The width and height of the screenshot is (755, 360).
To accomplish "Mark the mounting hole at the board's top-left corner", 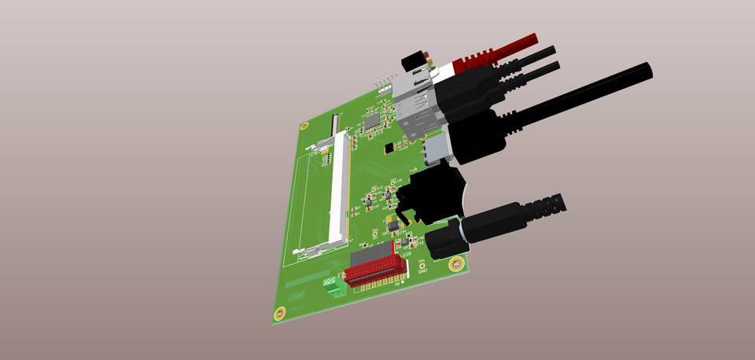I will (x=304, y=126).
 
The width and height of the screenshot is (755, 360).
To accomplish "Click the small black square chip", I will (x=389, y=147).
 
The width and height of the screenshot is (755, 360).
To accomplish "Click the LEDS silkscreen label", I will (x=407, y=255).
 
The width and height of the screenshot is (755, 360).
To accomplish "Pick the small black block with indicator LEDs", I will (x=413, y=61).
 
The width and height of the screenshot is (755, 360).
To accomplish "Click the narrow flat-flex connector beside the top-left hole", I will (x=337, y=123).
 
